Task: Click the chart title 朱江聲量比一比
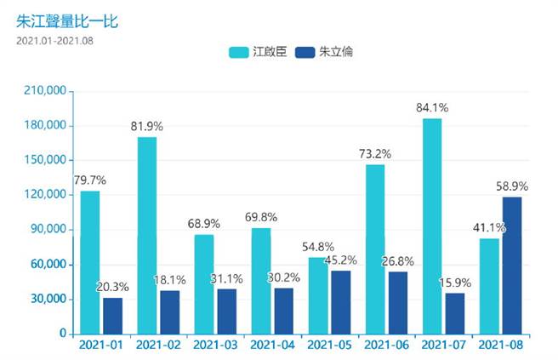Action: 66,20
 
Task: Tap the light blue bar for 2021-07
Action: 432,226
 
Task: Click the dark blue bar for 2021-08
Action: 511,265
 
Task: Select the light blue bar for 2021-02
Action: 147,235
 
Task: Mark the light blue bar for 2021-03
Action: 204,283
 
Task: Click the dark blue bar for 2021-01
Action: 113,315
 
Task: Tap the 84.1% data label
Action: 432,108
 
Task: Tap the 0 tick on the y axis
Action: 63,334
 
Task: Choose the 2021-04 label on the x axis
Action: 271,346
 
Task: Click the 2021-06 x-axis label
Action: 385,346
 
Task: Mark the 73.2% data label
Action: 375,154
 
